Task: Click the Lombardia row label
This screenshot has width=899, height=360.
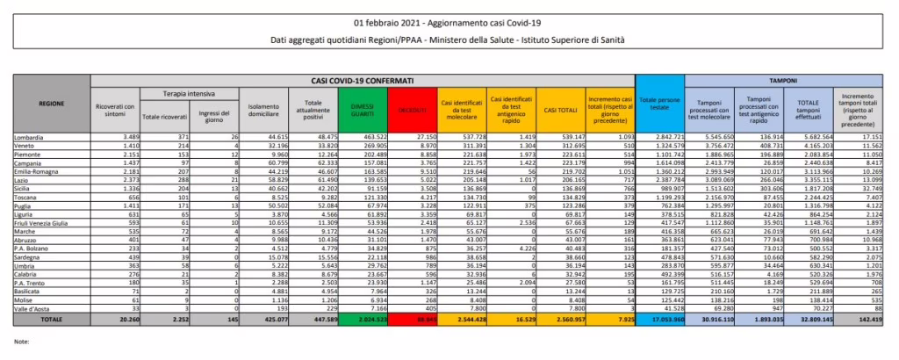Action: [32, 138]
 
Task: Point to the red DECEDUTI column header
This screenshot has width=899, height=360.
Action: [412, 110]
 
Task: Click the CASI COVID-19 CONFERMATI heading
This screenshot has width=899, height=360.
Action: [363, 80]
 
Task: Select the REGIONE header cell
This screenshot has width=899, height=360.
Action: [52, 103]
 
